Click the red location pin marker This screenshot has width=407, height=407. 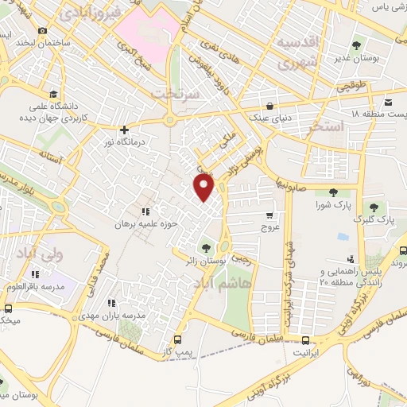205,188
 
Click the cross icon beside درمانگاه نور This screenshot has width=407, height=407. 123,130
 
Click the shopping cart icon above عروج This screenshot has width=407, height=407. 270,215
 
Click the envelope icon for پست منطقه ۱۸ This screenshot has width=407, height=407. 388,103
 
